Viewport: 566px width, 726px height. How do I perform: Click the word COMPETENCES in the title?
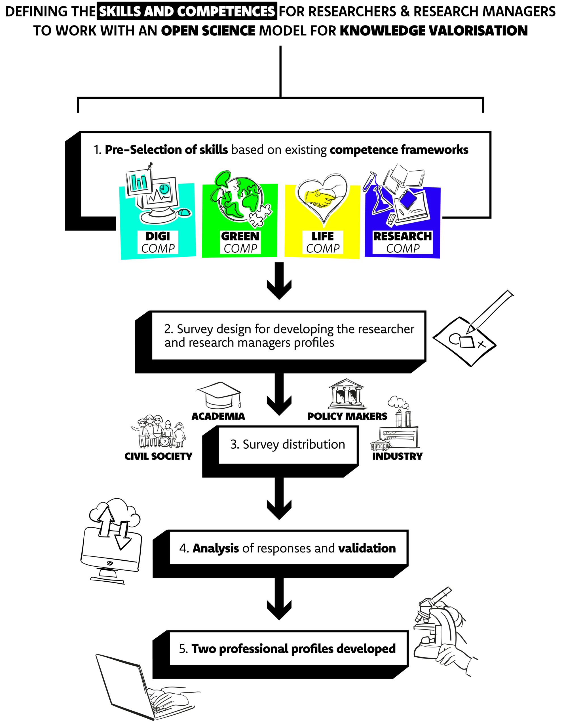pos(226,12)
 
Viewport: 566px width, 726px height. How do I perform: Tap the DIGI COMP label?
pos(158,242)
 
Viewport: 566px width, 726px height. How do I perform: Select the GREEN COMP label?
pos(240,242)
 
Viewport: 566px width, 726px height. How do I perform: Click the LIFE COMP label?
pos(322,242)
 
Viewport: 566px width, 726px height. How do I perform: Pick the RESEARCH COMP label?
pos(402,242)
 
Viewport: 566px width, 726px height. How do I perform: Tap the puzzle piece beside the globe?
pos(260,215)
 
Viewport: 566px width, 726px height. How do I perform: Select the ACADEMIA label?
pos(218,416)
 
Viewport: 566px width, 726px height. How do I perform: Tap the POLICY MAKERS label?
pos(347,416)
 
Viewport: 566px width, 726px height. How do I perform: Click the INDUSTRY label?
pos(397,456)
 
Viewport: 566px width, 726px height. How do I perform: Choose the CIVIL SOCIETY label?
pos(159,456)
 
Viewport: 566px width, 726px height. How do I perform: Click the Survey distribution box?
pos(288,445)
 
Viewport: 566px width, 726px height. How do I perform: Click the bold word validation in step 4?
pos(367,548)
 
